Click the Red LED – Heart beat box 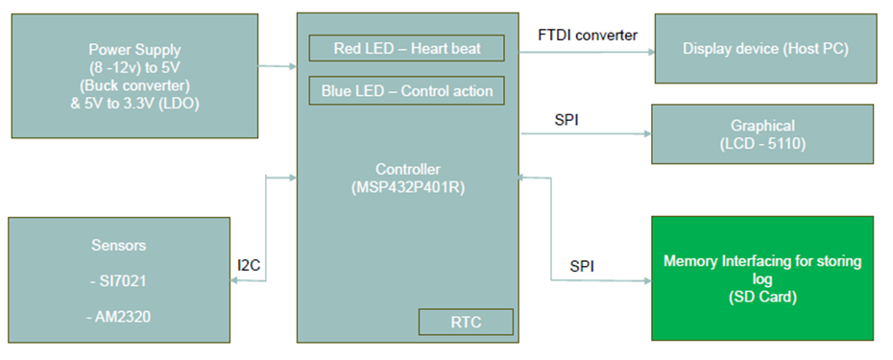(x=406, y=48)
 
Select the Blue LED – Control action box (x=406, y=91)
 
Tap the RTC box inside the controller (x=466, y=322)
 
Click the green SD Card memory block (x=762, y=278)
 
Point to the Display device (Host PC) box (x=765, y=48)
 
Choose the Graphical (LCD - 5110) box (x=763, y=133)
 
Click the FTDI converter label (x=588, y=36)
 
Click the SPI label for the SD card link (x=583, y=265)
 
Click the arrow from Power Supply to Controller (x=278, y=66)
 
